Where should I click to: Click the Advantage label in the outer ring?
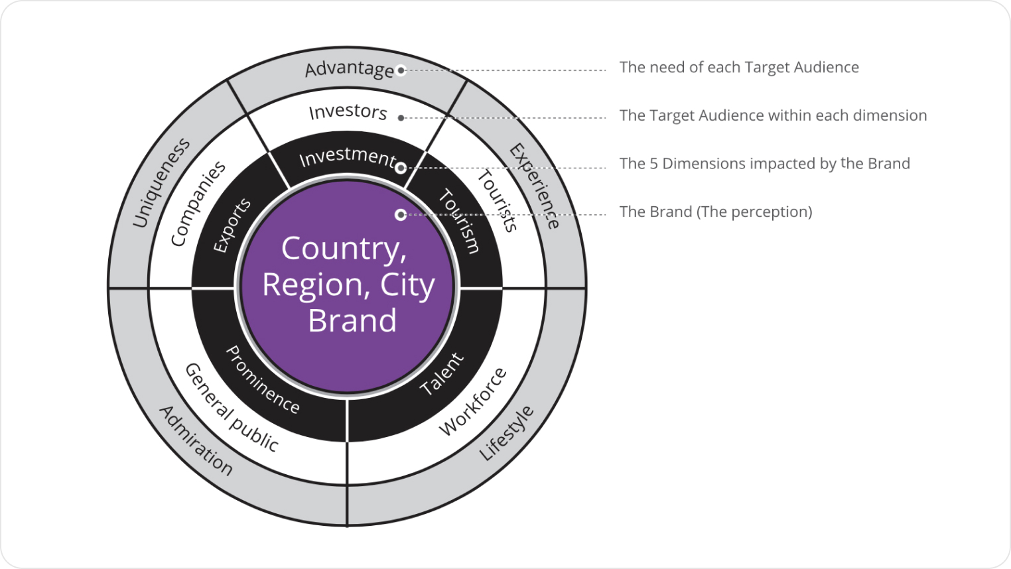tap(349, 69)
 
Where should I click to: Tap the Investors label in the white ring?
tap(348, 111)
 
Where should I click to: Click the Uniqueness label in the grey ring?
tap(161, 183)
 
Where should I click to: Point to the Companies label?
tap(198, 204)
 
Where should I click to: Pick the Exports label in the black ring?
tap(232, 225)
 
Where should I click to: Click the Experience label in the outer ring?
tap(535, 186)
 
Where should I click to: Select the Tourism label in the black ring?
tap(458, 221)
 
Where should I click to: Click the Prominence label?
tap(263, 380)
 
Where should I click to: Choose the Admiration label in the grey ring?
tap(196, 440)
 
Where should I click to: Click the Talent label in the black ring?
tap(442, 375)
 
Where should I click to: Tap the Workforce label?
tap(473, 402)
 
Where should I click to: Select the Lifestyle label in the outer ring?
tap(506, 433)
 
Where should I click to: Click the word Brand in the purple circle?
tap(352, 321)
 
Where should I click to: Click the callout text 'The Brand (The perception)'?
tap(715, 212)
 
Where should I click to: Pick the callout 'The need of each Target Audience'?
tap(738, 68)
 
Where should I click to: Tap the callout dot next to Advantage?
tap(401, 70)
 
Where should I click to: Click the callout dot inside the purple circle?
tap(400, 215)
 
